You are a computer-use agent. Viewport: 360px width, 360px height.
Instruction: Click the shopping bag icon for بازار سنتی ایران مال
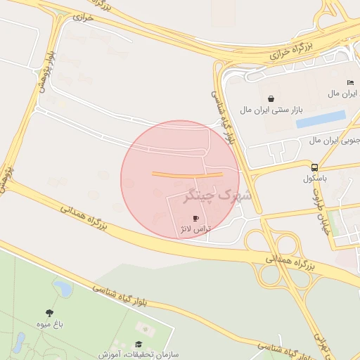click(271, 98)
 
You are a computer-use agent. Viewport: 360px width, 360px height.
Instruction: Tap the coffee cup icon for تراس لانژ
click(196, 219)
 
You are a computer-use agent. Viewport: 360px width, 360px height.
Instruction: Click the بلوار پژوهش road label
click(45, 71)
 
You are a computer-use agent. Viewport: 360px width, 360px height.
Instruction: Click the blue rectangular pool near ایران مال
click(321, 120)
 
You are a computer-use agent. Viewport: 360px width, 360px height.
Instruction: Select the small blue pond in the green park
click(63, 288)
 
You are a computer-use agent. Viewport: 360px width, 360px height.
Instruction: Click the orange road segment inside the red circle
click(187, 174)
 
